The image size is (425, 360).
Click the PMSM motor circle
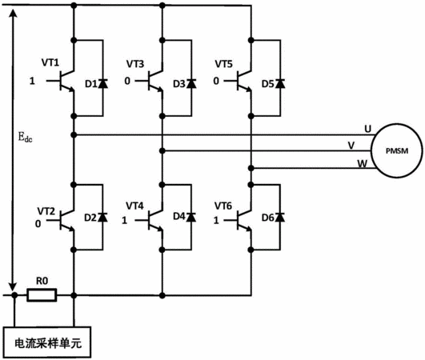click(x=371, y=150)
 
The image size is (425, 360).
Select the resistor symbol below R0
click(x=42, y=295)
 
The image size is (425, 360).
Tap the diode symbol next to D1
click(x=102, y=83)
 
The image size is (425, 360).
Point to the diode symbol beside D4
click(x=191, y=217)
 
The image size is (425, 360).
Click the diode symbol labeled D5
click(x=280, y=83)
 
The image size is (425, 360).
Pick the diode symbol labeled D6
click(x=280, y=217)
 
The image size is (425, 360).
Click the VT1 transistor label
click(x=50, y=62)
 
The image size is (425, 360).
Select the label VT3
click(x=135, y=64)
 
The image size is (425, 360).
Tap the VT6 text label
click(x=223, y=206)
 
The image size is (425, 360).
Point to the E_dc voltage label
click(x=25, y=137)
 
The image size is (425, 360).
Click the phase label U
click(x=367, y=129)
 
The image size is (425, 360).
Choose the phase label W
click(x=362, y=164)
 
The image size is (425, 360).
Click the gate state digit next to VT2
click(x=38, y=224)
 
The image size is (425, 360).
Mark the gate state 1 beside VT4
click(x=124, y=221)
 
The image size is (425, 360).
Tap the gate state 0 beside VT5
click(x=216, y=81)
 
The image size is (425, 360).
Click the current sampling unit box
click(x=47, y=342)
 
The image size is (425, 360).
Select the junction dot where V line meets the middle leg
click(x=162, y=150)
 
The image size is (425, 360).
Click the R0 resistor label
click(x=42, y=281)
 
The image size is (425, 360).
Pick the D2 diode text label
click(x=90, y=218)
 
